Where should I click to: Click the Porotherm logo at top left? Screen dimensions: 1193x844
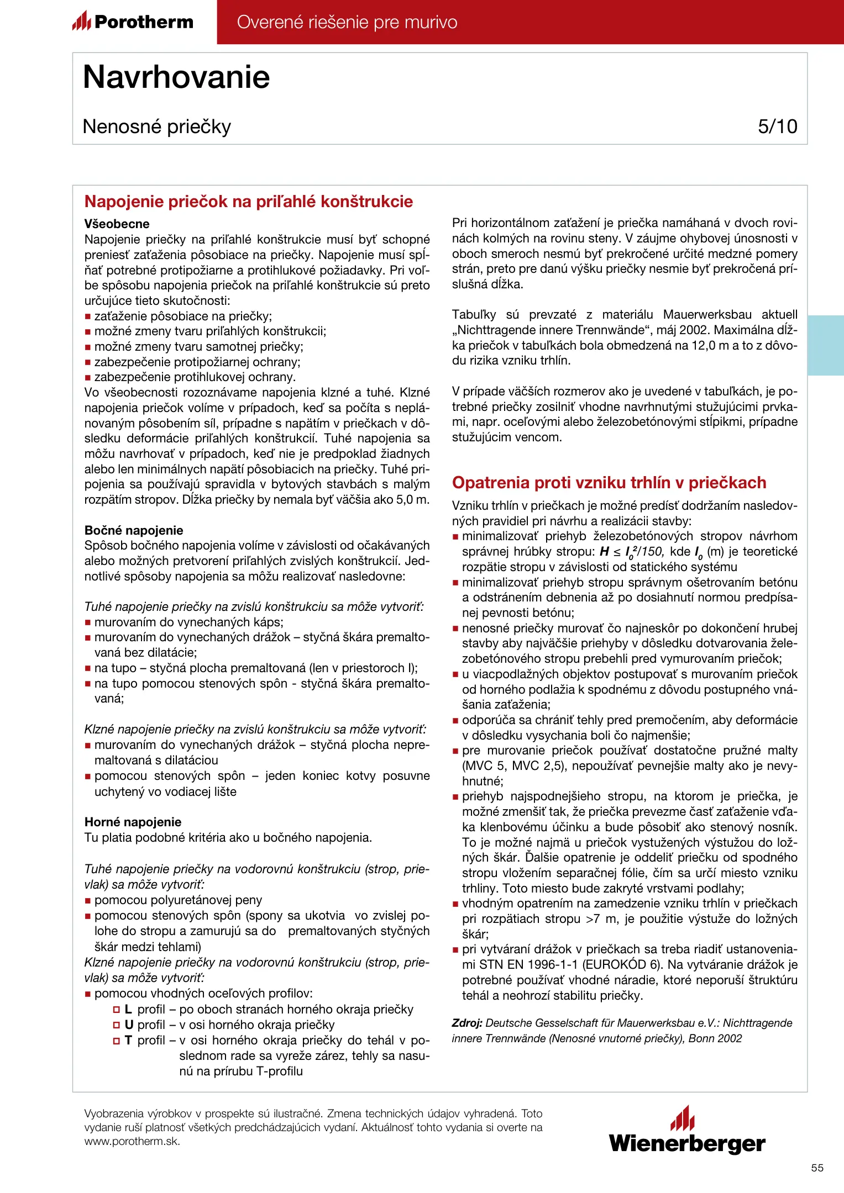[x=133, y=22]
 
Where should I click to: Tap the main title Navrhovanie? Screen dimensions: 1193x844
[x=176, y=77]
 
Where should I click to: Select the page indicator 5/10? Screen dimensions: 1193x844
[x=777, y=126]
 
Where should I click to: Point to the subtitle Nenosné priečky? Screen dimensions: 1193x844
[x=156, y=126]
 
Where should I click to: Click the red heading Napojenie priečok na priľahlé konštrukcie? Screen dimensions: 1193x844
[x=248, y=202]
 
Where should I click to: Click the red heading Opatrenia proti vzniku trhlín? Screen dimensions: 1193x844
[x=609, y=483]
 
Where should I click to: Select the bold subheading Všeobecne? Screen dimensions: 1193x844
[x=117, y=224]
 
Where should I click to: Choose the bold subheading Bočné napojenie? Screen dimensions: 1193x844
[x=133, y=530]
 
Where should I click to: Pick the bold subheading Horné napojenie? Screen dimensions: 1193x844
[x=133, y=822]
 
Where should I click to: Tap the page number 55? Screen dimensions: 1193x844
[x=817, y=1168]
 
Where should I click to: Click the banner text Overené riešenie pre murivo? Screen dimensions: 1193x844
[x=347, y=22]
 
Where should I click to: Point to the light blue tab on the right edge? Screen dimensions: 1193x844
[x=826, y=345]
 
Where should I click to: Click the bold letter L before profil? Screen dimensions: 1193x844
[x=128, y=1009]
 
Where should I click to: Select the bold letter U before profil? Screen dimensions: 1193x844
[x=129, y=1025]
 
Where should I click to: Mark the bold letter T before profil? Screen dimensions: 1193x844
[x=128, y=1040]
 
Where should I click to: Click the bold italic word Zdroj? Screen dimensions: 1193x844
[x=467, y=1023]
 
